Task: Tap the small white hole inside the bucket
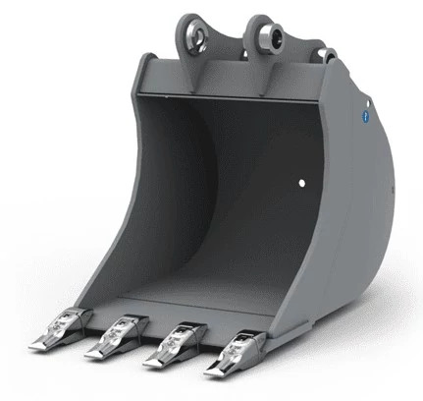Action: [302, 183]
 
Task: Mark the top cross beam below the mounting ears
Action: [236, 80]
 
